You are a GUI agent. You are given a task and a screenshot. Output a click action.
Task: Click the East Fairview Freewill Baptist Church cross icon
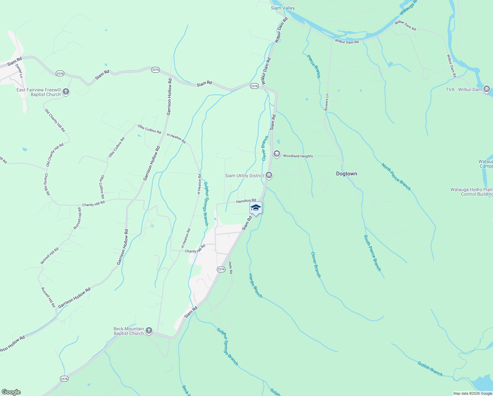66,92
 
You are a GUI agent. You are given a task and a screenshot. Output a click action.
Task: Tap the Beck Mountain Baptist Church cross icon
149,331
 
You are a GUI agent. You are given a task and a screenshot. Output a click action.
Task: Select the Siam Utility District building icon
269,175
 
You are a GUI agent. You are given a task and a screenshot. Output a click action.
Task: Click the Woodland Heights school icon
277,154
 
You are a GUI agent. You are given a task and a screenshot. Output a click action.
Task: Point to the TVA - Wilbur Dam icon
487,89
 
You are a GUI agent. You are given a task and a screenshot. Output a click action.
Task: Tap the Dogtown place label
346,174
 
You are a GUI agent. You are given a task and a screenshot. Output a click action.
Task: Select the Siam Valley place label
283,8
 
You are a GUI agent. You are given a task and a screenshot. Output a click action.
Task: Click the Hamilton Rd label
246,201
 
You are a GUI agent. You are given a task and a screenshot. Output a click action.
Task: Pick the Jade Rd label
231,267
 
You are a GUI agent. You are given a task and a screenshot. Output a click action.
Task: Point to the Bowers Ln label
327,102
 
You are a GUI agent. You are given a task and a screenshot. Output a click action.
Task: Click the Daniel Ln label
19,71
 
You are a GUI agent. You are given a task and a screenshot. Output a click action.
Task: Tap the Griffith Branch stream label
430,369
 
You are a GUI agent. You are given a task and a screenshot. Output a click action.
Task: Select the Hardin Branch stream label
255,286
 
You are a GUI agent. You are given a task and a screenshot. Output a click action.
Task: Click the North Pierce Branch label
396,177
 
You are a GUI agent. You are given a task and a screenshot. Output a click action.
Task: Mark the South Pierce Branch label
372,253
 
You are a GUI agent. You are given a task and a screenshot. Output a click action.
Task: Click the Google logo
11,392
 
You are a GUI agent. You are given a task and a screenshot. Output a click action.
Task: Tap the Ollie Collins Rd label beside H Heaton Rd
149,129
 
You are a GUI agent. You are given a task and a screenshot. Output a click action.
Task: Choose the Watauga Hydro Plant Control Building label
472,192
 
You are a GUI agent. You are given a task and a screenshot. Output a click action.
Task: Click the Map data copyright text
473,393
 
